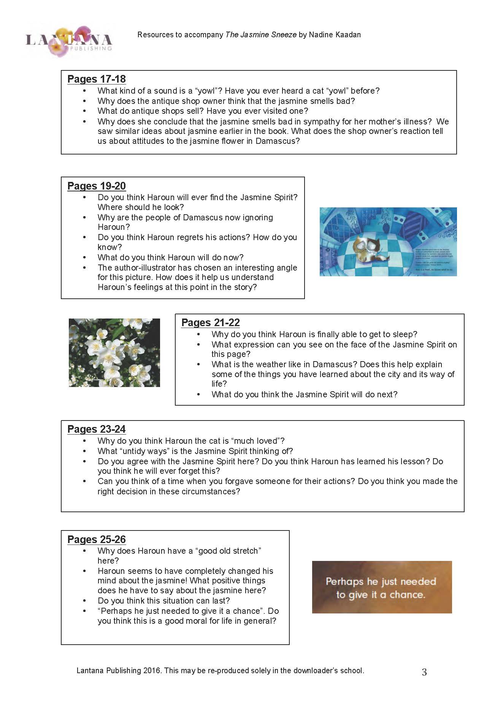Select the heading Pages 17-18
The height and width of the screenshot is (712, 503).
97,79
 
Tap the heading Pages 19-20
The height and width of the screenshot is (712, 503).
97,186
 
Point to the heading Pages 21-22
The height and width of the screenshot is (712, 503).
211,323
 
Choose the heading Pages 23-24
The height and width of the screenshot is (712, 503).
97,429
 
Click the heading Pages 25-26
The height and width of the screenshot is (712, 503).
97,540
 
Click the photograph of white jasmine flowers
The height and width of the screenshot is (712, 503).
114,353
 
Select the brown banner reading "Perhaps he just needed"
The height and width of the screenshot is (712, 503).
382,587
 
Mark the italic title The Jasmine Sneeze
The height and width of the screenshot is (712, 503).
261,35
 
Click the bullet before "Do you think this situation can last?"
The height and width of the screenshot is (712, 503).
85,601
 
